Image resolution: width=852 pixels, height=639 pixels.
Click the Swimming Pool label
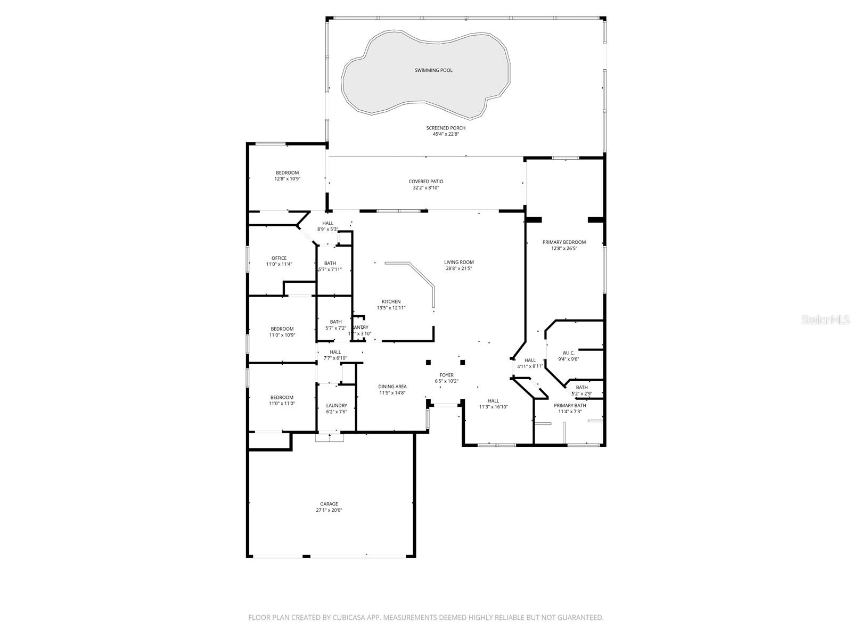coord(433,70)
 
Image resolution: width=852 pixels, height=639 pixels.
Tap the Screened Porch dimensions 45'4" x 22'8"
coord(446,135)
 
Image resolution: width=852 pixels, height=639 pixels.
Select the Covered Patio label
coord(425,182)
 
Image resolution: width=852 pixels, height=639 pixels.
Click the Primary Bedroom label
coord(564,242)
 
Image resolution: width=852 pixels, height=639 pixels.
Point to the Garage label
coord(329,504)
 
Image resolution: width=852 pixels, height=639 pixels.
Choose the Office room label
coord(279,258)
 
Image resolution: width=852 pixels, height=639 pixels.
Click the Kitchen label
coord(391,302)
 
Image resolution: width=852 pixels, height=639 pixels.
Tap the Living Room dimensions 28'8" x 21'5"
coord(459,268)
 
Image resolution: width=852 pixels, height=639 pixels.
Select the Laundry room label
coord(337,406)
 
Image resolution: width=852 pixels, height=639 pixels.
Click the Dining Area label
coord(392,387)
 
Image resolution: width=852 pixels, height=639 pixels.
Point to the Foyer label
coord(446,375)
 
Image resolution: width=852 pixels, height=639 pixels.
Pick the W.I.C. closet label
coord(568,353)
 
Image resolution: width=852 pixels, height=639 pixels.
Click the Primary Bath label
coord(570,406)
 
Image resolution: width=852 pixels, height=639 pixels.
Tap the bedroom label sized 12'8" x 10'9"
coord(287,173)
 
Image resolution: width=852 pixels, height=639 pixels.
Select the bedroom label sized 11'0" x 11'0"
coord(282,397)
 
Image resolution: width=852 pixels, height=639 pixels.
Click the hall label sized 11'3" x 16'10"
coord(494,401)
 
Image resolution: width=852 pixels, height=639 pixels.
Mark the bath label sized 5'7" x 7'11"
coord(330,263)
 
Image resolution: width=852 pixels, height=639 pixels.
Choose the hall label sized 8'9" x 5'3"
coord(327,223)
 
